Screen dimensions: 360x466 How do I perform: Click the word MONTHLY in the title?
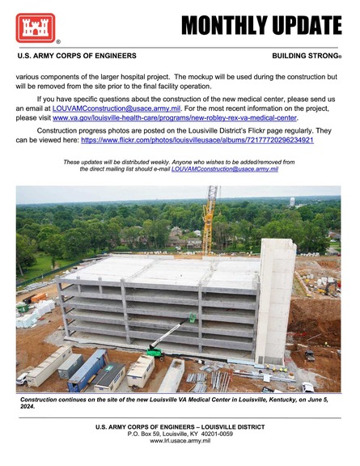pos(223,27)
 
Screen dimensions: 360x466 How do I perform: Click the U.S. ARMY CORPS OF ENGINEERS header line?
pos(77,57)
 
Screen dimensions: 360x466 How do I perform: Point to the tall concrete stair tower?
pos(277,299)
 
